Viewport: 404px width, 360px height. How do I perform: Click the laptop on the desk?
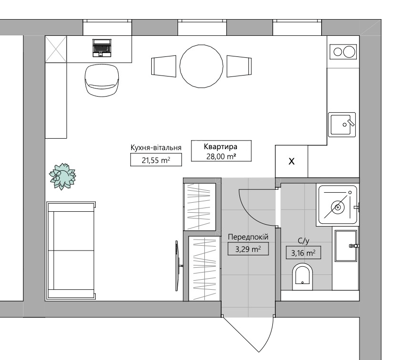(x=102, y=48)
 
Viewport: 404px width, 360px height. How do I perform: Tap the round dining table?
(x=202, y=66)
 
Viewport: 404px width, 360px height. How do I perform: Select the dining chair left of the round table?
(x=164, y=66)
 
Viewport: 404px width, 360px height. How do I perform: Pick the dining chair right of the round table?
(x=239, y=66)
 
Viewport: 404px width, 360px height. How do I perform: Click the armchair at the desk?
(x=102, y=80)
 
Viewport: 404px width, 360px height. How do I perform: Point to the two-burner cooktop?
(x=343, y=52)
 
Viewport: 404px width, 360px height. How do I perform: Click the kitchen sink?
(x=342, y=125)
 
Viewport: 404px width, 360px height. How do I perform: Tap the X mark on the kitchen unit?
(x=292, y=161)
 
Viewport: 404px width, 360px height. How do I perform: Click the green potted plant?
(x=62, y=176)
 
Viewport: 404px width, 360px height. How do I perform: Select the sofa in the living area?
(x=71, y=251)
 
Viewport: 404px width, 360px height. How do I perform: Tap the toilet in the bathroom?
(x=303, y=277)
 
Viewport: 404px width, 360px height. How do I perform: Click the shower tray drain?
(x=337, y=207)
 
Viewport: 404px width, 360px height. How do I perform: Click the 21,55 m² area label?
(x=156, y=160)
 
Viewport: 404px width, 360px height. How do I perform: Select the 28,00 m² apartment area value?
(x=221, y=156)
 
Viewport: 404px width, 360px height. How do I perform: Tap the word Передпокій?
(x=248, y=237)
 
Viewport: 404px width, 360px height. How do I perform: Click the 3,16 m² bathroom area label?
(x=303, y=253)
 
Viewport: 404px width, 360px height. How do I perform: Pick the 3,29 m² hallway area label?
(x=248, y=249)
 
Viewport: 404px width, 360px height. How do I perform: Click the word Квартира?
(x=221, y=147)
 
